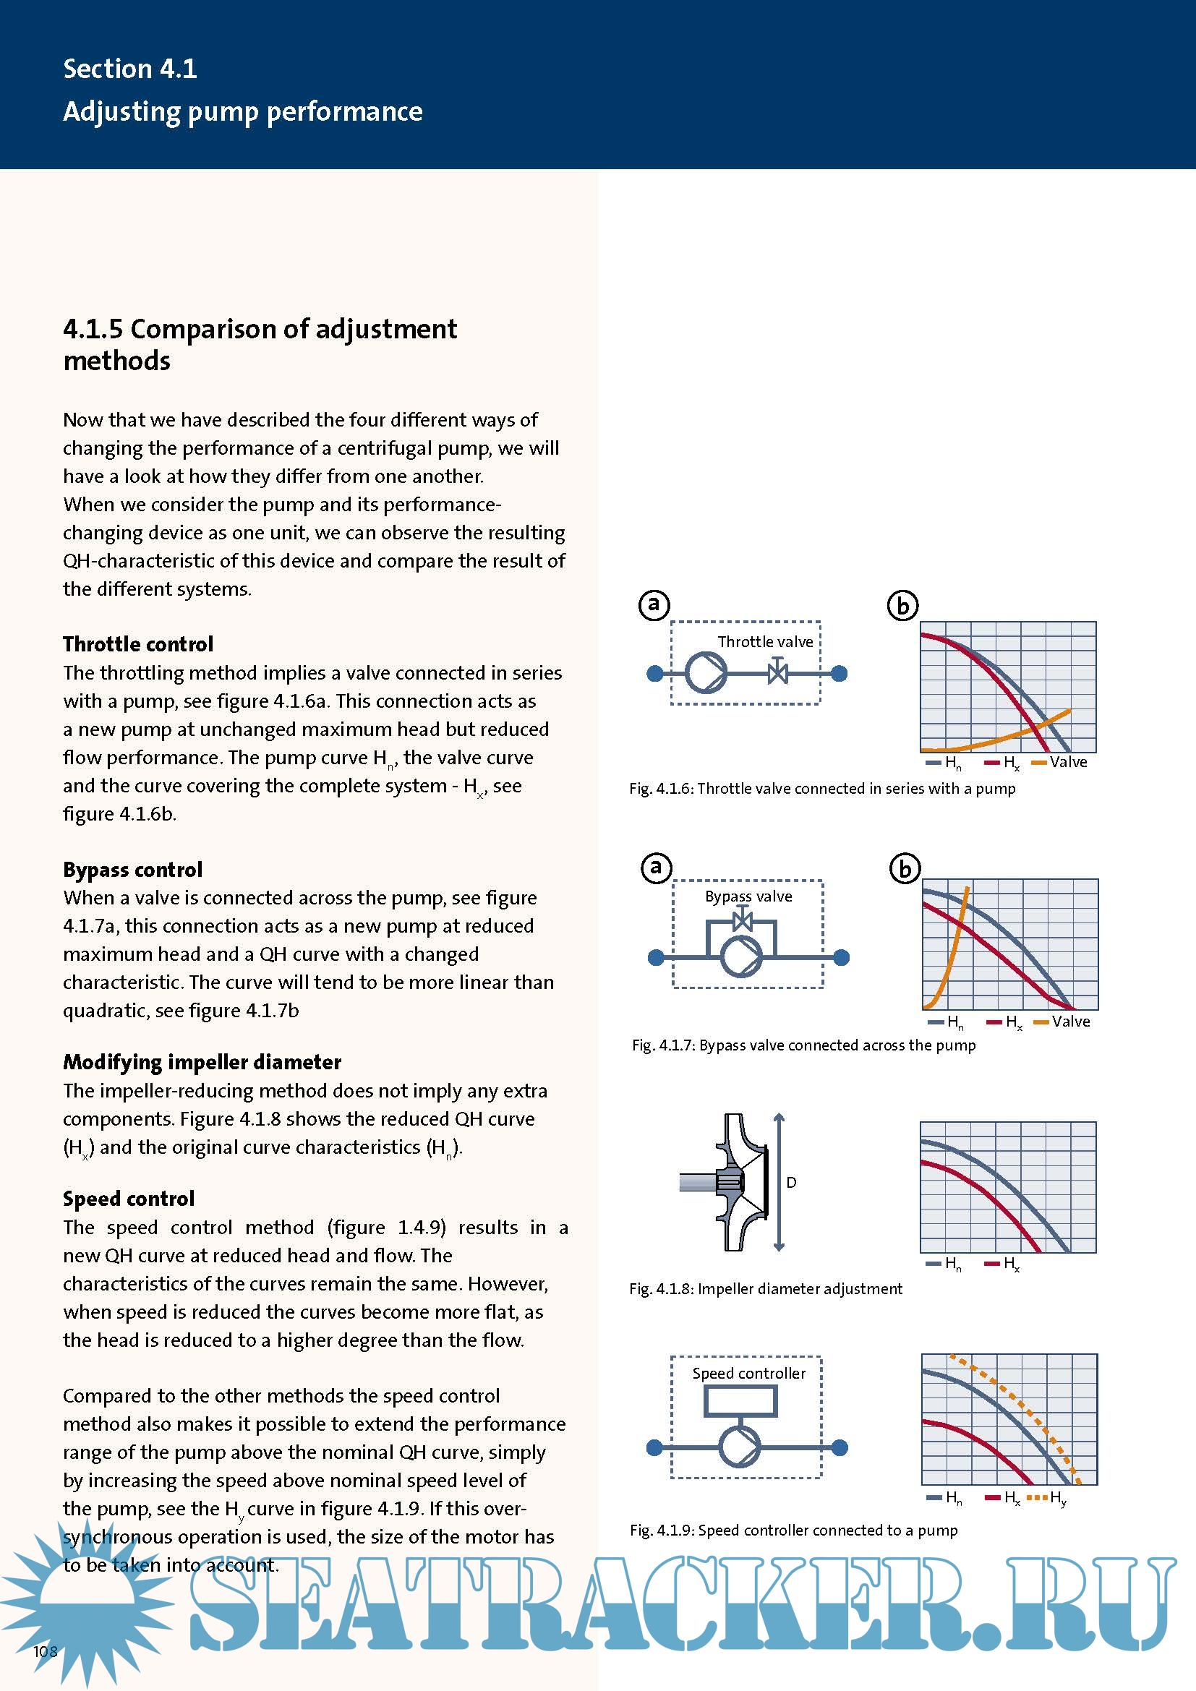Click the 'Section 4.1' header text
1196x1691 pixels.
click(x=129, y=69)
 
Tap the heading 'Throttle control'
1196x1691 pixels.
click(x=137, y=643)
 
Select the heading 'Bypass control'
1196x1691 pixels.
click(x=132, y=869)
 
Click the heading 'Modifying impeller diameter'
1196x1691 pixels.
click(x=202, y=1061)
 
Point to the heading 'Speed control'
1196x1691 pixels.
click(x=128, y=1198)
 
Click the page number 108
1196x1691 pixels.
click(x=45, y=1651)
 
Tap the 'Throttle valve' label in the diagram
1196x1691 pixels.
click(x=765, y=641)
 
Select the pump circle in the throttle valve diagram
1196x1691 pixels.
click(x=706, y=672)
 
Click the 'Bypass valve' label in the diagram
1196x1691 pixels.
click(x=748, y=896)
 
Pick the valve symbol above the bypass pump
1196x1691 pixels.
click(x=743, y=920)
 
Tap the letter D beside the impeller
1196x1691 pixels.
click(x=791, y=1182)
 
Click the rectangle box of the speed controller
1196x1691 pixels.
click(x=740, y=1401)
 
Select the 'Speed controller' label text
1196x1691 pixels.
click(x=748, y=1373)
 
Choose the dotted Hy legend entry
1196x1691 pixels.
click(x=1046, y=1497)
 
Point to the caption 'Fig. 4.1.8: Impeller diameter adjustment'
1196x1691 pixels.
click(x=765, y=1288)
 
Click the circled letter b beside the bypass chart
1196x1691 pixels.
click(x=905, y=869)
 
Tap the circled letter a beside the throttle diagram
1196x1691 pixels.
click(x=654, y=604)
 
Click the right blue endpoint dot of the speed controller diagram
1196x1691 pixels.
click(x=840, y=1447)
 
